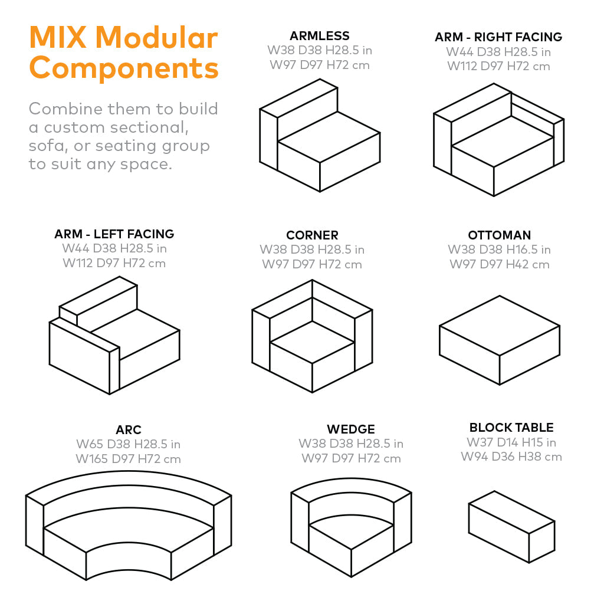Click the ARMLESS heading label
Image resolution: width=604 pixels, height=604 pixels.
pos(319,36)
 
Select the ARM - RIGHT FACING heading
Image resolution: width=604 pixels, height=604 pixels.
pos(498,37)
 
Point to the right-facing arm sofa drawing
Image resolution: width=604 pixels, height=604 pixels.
pos(498,140)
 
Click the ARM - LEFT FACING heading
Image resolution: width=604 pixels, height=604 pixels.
pos(114,234)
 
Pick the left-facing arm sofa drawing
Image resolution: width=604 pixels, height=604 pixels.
pos(114,336)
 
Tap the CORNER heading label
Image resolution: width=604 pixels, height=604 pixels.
pos(312,235)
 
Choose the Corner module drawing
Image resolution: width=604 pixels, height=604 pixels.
pos(312,336)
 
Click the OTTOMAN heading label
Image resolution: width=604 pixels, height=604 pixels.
pos(499,235)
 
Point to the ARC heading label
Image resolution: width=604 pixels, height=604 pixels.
pos(128,429)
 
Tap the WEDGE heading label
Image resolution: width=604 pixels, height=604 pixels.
pos(351,429)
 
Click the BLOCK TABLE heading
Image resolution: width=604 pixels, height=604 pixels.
pos(511,428)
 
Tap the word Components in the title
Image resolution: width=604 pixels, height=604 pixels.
pos(124,68)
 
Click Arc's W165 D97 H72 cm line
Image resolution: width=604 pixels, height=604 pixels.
pos(128,459)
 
